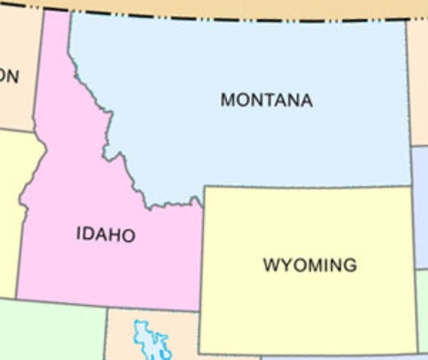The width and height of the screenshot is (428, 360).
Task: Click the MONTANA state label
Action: coord(266,100)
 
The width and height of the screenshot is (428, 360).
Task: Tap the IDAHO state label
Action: coord(106,235)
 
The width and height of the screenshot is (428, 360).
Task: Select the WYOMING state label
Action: coord(310,265)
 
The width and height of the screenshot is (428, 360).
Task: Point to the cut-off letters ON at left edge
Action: coord(9,76)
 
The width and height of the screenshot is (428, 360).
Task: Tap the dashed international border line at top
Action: coord(225,17)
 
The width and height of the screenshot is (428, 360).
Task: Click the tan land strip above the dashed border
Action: coord(225,7)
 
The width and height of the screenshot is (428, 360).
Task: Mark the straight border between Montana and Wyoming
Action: coord(307,185)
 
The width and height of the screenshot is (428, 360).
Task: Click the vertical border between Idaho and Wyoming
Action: coord(200,255)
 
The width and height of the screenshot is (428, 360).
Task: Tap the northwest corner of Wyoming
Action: coord(204,187)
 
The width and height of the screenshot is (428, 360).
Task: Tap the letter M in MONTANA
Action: coord(227,100)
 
